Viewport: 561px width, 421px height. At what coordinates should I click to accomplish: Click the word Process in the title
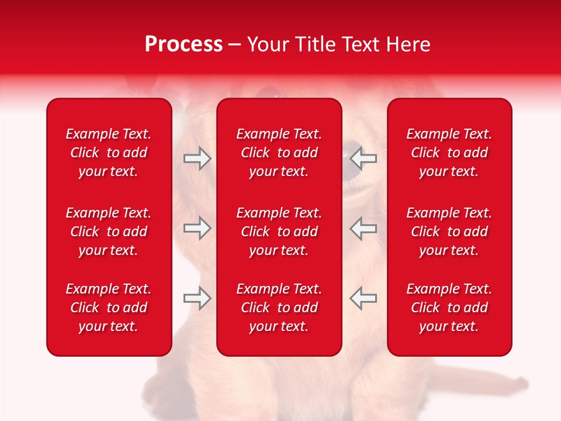click(x=183, y=44)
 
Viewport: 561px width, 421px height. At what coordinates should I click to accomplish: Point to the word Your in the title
click(x=269, y=44)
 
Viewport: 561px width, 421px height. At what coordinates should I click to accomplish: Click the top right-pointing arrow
click(x=197, y=158)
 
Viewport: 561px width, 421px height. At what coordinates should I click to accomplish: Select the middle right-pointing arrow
click(x=197, y=227)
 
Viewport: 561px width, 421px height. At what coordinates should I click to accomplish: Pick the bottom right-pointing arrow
click(x=197, y=298)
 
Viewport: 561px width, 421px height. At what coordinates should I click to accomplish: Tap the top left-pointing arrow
click(x=363, y=158)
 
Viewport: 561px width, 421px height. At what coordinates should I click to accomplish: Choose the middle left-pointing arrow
click(x=363, y=227)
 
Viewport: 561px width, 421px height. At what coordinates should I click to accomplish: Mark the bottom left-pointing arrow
click(x=363, y=298)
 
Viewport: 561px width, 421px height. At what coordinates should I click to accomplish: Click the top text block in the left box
click(x=109, y=153)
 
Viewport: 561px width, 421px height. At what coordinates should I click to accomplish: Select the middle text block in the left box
click(x=109, y=232)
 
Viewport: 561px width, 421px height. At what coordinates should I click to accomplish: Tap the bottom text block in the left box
click(x=109, y=308)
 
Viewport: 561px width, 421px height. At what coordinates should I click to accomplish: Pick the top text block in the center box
click(x=279, y=153)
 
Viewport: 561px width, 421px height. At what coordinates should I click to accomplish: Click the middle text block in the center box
click(x=279, y=232)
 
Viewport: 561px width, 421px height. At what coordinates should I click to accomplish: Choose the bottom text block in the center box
click(x=279, y=308)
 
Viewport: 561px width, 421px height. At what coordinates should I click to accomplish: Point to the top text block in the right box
click(x=449, y=153)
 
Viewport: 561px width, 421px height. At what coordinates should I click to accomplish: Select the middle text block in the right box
click(x=449, y=232)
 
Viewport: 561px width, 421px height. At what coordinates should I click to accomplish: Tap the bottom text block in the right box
click(x=449, y=308)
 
